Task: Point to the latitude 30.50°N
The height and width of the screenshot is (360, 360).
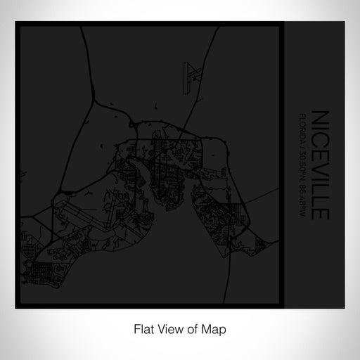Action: tap(302, 157)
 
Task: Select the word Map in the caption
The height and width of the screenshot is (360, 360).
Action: tap(214, 328)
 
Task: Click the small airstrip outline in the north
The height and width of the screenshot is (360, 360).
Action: tap(191, 73)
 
